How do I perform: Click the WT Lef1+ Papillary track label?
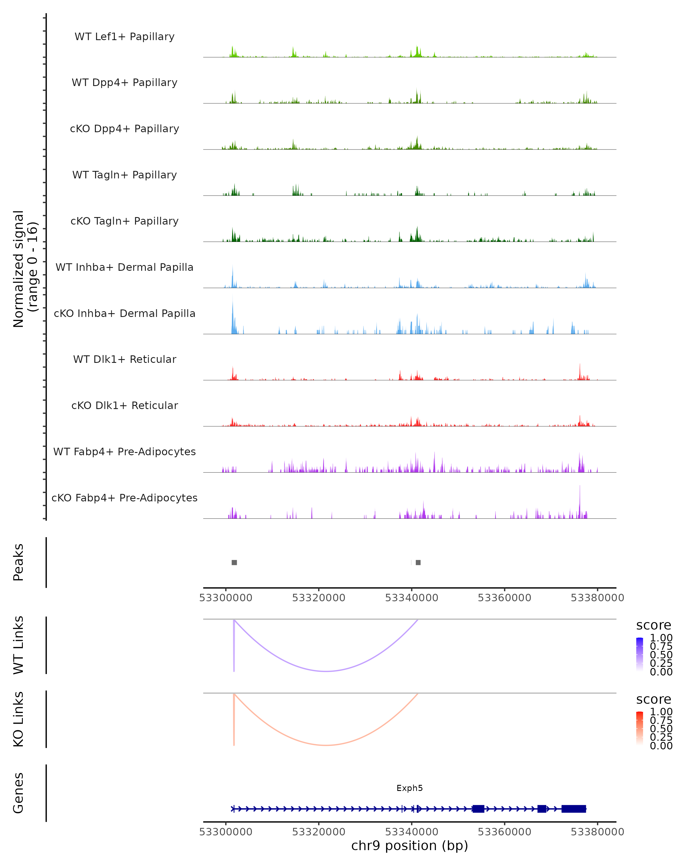124,37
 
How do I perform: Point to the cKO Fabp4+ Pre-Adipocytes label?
124,498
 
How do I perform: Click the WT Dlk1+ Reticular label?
124,359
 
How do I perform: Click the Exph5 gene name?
409,788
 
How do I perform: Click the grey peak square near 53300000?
234,562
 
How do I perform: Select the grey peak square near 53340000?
418,562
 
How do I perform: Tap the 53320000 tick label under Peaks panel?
318,598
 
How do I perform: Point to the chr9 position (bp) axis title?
409,846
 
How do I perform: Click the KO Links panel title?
18,719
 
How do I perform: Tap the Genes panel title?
18,793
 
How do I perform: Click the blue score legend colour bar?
640,654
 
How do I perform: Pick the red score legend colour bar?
640,728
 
